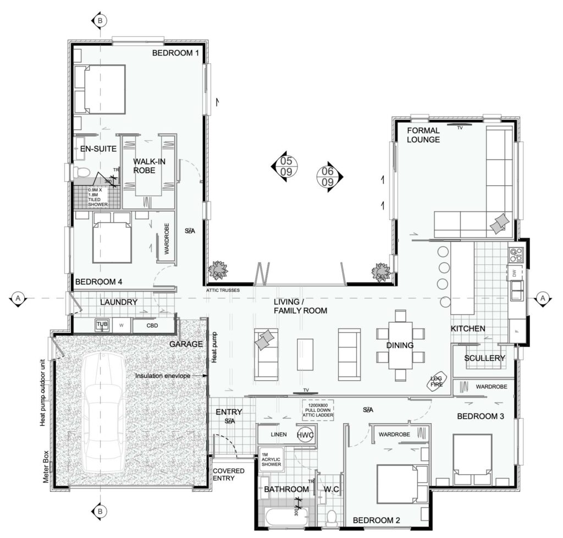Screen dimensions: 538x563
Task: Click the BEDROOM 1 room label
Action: (175, 53)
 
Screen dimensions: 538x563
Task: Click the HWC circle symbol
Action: (305, 435)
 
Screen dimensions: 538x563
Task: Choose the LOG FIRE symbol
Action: (438, 381)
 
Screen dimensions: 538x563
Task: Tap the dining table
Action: (400, 345)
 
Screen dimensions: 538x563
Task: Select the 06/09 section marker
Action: (328, 176)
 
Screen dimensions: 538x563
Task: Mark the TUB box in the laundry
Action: (102, 325)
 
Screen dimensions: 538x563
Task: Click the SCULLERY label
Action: (484, 358)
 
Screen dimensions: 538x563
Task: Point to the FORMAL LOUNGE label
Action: (423, 135)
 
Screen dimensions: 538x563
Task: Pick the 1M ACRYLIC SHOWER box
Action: (272, 458)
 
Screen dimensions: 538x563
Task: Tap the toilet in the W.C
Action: (331, 517)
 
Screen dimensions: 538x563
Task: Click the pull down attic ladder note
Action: (318, 410)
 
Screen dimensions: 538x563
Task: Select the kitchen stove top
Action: (516, 255)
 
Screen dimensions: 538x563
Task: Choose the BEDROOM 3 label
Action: (481, 416)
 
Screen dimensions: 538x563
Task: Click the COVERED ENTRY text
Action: (228, 474)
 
